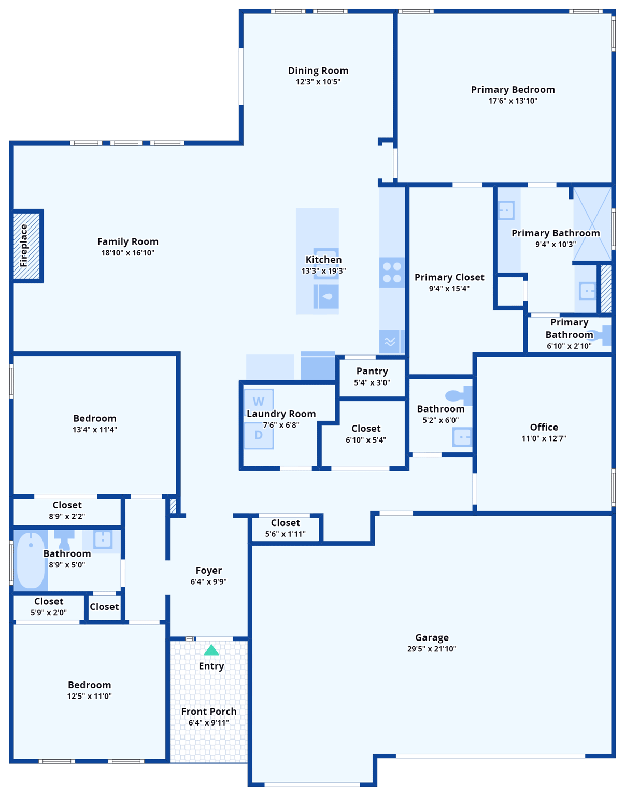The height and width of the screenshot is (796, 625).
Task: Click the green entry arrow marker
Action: pyautogui.click(x=211, y=650)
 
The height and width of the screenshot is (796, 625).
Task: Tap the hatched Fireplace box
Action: pyautogui.click(x=26, y=246)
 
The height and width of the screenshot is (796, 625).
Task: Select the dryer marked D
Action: pyautogui.click(x=259, y=436)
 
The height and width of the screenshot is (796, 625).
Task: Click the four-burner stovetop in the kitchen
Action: pyautogui.click(x=392, y=273)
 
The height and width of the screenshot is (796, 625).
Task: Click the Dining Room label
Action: pyautogui.click(x=318, y=70)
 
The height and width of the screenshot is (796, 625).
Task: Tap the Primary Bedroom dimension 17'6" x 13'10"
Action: pyautogui.click(x=513, y=101)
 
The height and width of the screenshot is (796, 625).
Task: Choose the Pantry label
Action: pyautogui.click(x=372, y=371)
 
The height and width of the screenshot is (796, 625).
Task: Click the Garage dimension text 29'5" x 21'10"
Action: pyautogui.click(x=432, y=649)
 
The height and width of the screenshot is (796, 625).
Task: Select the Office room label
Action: pyautogui.click(x=544, y=427)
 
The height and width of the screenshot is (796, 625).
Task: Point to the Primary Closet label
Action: pyautogui.click(x=449, y=277)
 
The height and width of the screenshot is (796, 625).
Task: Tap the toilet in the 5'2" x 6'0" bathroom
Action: pyautogui.click(x=459, y=396)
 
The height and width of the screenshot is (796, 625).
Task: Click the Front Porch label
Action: pyautogui.click(x=209, y=712)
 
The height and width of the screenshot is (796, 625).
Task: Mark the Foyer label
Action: pyautogui.click(x=209, y=571)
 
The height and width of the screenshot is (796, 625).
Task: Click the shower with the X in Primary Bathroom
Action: pyautogui.click(x=592, y=224)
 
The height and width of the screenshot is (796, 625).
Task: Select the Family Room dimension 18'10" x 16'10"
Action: pyautogui.click(x=127, y=253)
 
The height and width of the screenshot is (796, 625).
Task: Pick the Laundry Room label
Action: pyautogui.click(x=281, y=414)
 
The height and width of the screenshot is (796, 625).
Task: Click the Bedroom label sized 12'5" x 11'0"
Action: pyautogui.click(x=89, y=685)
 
